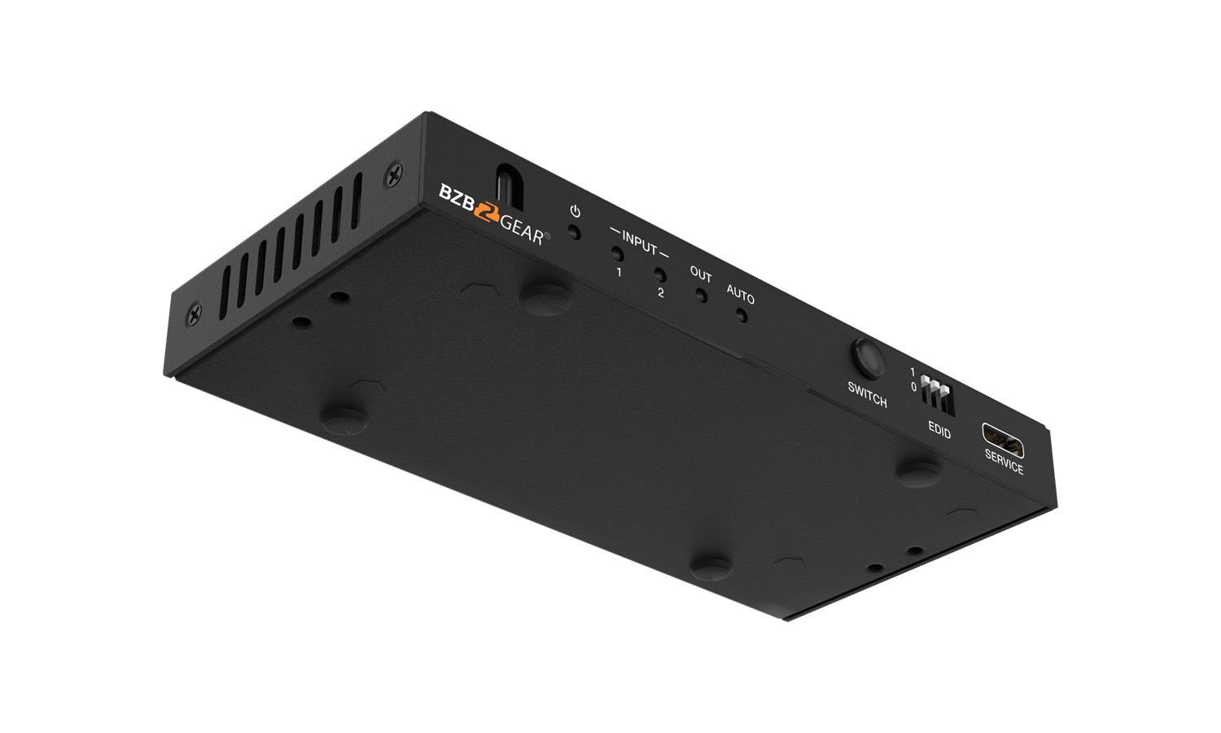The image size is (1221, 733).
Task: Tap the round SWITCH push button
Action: click(867, 358)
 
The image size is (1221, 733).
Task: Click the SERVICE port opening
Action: click(1002, 440)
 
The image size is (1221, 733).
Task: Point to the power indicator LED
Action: click(573, 232)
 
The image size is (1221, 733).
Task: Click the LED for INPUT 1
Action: click(618, 253)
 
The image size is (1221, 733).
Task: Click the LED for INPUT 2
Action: click(660, 274)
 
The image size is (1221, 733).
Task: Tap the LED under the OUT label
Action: click(702, 296)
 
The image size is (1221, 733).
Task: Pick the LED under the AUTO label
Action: click(742, 315)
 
